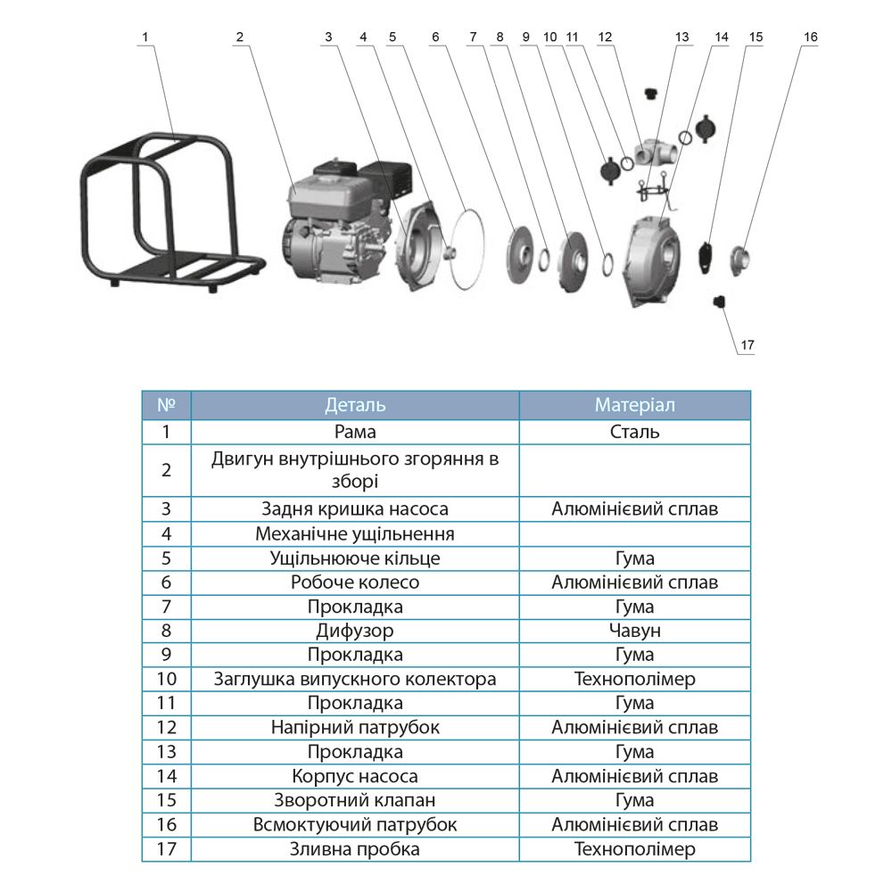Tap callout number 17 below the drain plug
(x=747, y=344)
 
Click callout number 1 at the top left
(x=146, y=37)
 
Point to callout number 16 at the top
(x=810, y=37)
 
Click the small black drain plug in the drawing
(x=718, y=303)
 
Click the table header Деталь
(x=355, y=405)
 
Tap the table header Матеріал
(x=634, y=405)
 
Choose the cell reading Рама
(x=355, y=432)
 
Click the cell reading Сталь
(x=634, y=432)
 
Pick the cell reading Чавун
(x=634, y=631)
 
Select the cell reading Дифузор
(x=355, y=631)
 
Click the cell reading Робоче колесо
(x=355, y=582)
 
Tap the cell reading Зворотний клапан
(x=355, y=800)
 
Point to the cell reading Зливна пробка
(x=355, y=849)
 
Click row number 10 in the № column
(x=166, y=679)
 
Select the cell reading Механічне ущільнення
(x=355, y=534)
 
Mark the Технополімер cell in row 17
(x=634, y=849)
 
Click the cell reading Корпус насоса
(x=355, y=776)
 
